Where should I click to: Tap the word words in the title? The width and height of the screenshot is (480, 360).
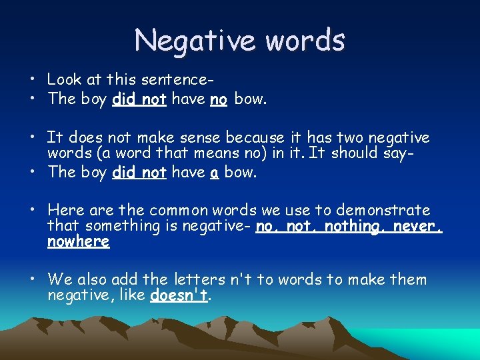pos(305,40)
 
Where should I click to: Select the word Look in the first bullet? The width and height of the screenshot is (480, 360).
pos(64,79)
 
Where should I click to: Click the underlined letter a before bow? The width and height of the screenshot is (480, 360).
pos(215,173)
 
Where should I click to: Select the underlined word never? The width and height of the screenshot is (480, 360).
pos(417,226)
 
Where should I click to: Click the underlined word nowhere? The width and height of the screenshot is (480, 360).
pos(78,241)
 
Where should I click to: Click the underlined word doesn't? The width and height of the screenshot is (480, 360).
pos(179,295)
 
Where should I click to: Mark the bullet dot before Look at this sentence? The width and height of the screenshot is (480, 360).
pos(31,80)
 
